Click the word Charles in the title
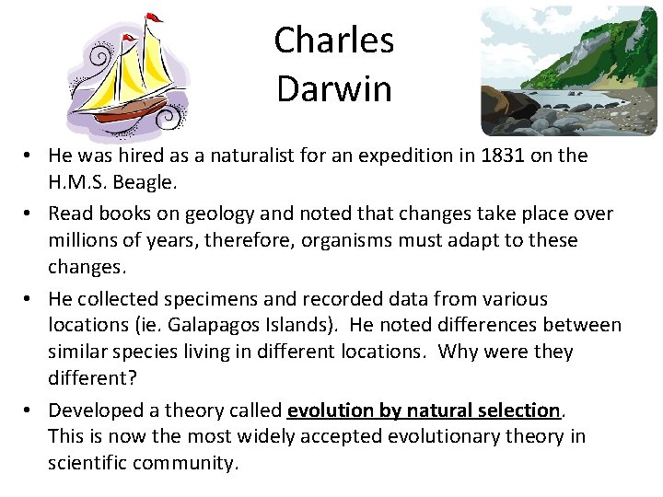(333, 40)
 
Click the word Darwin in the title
(333, 89)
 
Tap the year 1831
(505, 156)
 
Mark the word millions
(83, 240)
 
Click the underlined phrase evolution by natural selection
(424, 410)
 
